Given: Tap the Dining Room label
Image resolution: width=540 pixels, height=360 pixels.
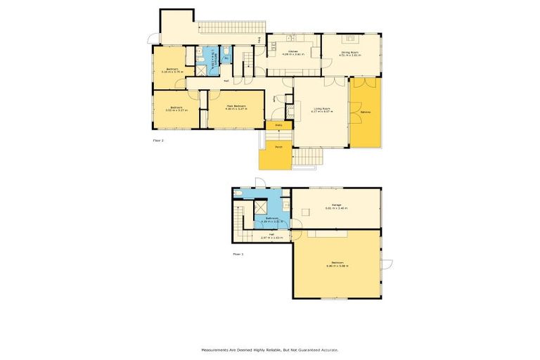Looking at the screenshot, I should pyautogui.click(x=350, y=53).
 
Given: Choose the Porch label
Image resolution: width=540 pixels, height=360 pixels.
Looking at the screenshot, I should pyautogui.click(x=269, y=148).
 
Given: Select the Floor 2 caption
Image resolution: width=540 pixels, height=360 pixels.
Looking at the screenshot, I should pyautogui.click(x=158, y=141).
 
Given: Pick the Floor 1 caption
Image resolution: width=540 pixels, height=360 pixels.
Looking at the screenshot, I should pyautogui.click(x=238, y=253).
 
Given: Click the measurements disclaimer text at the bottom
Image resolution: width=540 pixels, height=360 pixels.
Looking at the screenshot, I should pyautogui.click(x=269, y=349).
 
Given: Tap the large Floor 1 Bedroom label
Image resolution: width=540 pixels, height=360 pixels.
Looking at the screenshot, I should pyautogui.click(x=337, y=265).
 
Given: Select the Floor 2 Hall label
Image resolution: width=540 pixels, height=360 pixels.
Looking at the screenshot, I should pyautogui.click(x=226, y=82).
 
